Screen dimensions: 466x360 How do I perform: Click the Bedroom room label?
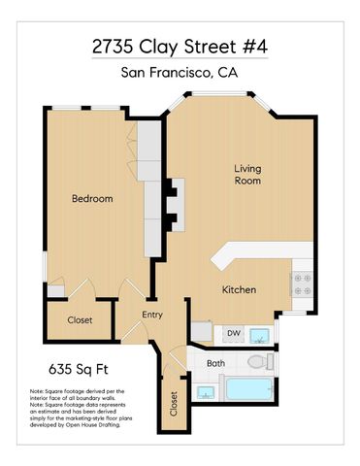[93, 199]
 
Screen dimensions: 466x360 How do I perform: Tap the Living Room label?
[247, 175]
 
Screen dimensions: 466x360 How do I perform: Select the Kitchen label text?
[239, 290]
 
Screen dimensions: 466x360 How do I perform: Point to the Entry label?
[153, 315]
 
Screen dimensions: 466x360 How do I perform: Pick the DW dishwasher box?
[233, 334]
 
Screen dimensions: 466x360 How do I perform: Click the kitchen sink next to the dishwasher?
[260, 336]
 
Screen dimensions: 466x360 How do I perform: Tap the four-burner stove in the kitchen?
[301, 283]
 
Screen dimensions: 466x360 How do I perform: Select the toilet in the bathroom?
[258, 363]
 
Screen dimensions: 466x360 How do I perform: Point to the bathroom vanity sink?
[205, 393]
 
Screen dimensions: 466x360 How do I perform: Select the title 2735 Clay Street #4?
[180, 46]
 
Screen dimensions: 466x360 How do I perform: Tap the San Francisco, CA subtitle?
[180, 73]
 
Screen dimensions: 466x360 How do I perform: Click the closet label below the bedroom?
[80, 320]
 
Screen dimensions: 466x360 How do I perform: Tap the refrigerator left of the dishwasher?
[201, 332]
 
